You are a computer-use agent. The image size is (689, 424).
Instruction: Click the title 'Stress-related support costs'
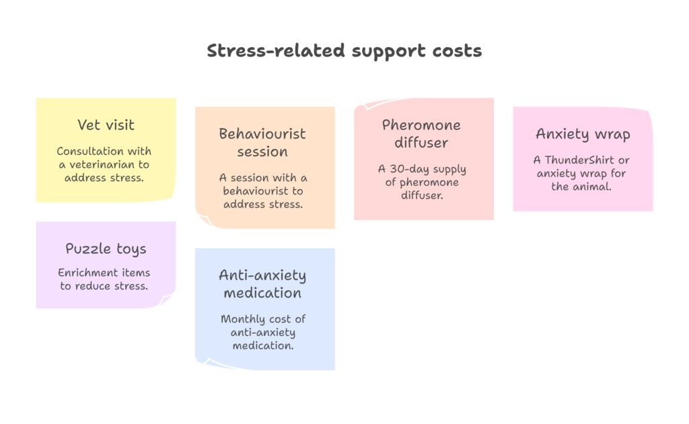[x=344, y=51]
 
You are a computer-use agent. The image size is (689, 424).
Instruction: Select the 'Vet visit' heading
[x=106, y=125]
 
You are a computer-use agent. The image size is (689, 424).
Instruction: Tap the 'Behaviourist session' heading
[x=262, y=143]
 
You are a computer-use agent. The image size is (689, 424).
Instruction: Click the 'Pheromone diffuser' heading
[x=421, y=133]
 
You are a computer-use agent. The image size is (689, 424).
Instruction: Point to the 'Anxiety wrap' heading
[x=583, y=134]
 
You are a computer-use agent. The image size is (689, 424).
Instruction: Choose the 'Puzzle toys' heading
[x=106, y=249]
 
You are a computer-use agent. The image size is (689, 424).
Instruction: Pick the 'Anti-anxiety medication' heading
[x=262, y=284]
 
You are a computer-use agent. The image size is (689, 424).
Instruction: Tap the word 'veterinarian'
[x=103, y=165]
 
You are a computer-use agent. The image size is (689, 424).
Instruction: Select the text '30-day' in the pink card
[x=408, y=170]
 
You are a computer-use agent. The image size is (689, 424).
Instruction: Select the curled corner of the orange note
[x=205, y=219]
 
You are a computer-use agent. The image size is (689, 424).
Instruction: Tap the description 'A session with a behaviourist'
[x=263, y=184]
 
